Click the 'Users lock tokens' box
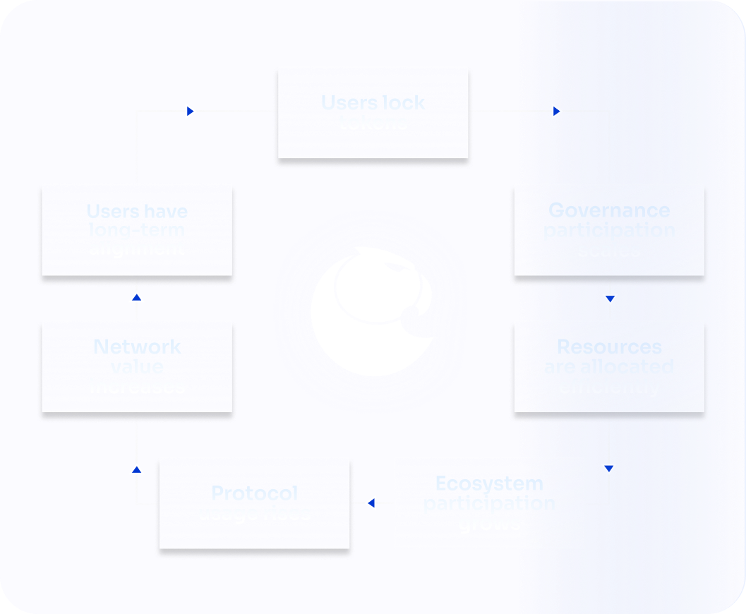pos(373,112)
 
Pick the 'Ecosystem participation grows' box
pos(488,502)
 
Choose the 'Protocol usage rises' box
pos(254,502)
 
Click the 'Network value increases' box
pos(137,366)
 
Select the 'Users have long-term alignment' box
pos(137,229)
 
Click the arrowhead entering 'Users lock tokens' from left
pos(190,111)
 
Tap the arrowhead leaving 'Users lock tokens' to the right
pos(557,111)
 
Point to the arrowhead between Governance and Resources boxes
pos(610,299)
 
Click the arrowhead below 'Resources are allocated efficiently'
pos(609,468)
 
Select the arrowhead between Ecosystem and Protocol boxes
pos(371,503)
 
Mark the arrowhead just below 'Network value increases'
pos(137,469)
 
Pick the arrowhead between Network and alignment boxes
pos(137,298)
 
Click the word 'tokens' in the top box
pos(373,123)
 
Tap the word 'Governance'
pos(608,210)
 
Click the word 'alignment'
pos(137,248)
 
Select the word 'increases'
pos(137,386)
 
